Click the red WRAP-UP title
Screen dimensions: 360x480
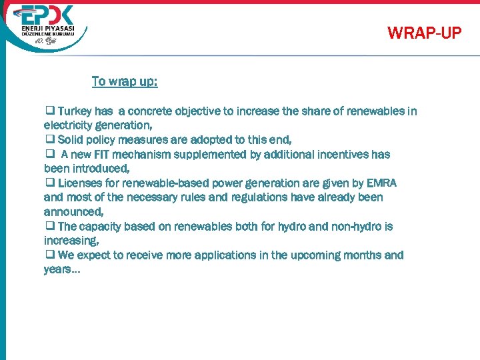click(424, 33)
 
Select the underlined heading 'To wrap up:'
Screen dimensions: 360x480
click(125, 81)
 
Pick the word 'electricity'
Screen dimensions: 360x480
click(69, 125)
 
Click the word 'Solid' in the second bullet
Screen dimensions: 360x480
click(71, 140)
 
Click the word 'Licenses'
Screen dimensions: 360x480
click(79, 183)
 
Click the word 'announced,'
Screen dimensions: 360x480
click(73, 212)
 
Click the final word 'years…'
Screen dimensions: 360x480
click(62, 269)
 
